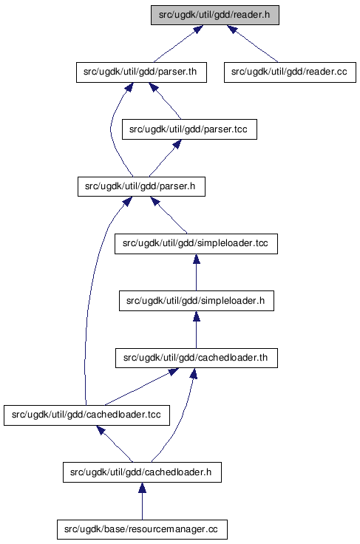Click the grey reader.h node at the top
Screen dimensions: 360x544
pos(214,15)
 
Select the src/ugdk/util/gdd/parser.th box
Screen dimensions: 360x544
pos(141,72)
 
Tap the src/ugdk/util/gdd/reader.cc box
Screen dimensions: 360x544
pos(290,72)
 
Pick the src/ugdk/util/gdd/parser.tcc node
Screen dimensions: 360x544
pos(189,129)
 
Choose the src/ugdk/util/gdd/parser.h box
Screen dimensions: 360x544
pos(141,186)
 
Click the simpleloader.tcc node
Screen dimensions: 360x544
pos(196,244)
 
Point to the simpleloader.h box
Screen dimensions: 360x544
pos(197,300)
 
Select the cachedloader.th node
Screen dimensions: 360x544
pos(197,358)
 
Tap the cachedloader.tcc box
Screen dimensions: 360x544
pos(86,415)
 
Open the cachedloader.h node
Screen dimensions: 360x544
pos(142,472)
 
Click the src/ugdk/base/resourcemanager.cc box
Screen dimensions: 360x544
pos(142,529)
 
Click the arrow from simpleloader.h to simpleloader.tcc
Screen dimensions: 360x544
pos(197,272)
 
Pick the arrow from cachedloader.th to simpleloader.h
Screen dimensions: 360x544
pos(197,329)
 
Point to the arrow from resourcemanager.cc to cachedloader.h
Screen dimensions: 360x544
pos(142,501)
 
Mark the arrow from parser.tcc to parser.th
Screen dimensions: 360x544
pos(165,101)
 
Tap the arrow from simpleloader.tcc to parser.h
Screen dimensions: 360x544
pos(169,215)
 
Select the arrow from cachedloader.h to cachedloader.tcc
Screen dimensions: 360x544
pos(115,443)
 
